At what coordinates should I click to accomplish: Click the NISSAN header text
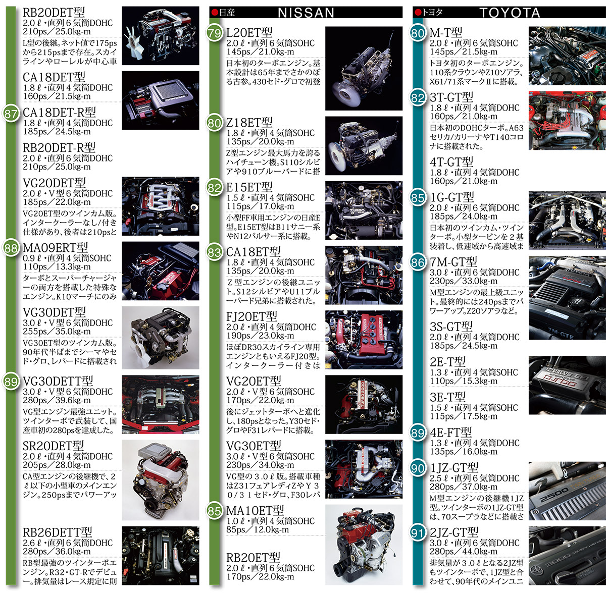pos(306,13)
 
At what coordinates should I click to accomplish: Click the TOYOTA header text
pos(510,13)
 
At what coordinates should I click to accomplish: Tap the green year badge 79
pos(215,33)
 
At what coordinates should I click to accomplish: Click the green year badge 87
pos(11,114)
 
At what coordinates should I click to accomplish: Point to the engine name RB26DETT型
pos(58,532)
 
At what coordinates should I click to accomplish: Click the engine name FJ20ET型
pos(252,316)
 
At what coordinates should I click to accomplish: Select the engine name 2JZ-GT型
pos(454,532)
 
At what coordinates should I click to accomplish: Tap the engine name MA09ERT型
pos(56,247)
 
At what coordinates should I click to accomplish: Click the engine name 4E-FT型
pos(451,433)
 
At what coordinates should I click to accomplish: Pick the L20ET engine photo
pos(364,68)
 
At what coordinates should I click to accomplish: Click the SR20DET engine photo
pos(161,480)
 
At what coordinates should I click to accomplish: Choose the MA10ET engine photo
pos(364,545)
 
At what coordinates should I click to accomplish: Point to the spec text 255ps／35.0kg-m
pos(57,331)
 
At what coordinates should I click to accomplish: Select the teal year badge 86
pos(418,262)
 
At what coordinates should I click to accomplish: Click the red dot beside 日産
pos(215,13)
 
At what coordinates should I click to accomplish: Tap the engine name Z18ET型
pos(249,122)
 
